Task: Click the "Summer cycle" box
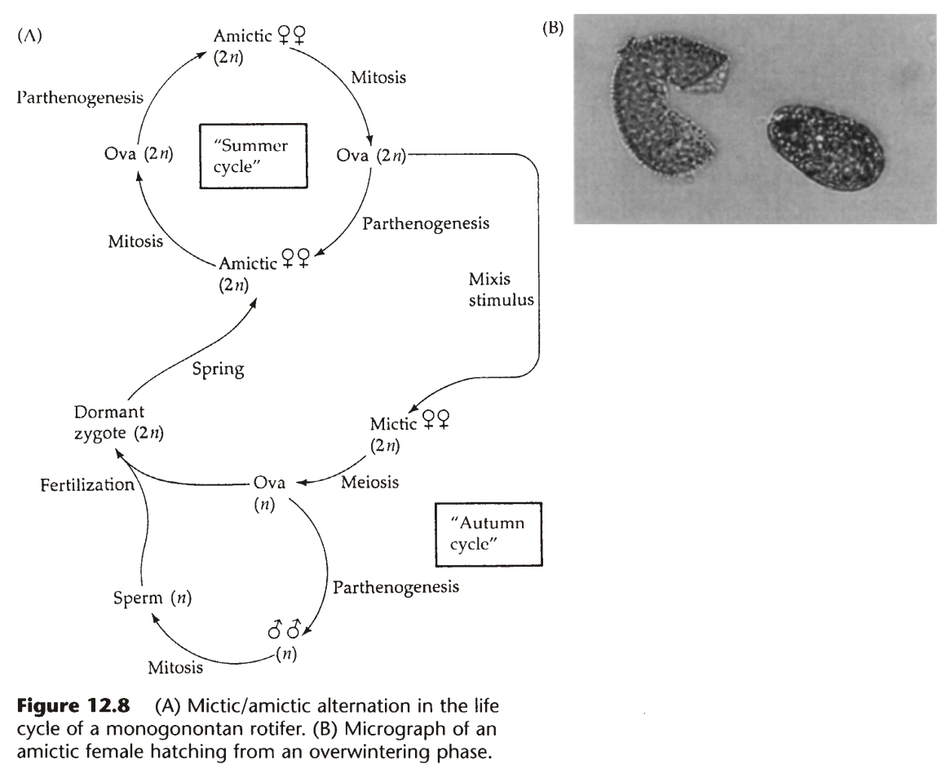pyautogui.click(x=254, y=157)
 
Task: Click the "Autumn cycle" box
pyautogui.click(x=488, y=535)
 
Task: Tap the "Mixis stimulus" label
pyautogui.click(x=502, y=289)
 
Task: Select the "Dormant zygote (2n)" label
pyautogui.click(x=119, y=422)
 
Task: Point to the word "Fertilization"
pyautogui.click(x=87, y=484)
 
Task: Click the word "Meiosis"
pyautogui.click(x=369, y=482)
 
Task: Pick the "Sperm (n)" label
pyautogui.click(x=153, y=598)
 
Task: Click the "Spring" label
pyautogui.click(x=219, y=369)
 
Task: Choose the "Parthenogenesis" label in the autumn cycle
pyautogui.click(x=396, y=587)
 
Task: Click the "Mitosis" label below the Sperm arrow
pyautogui.click(x=175, y=667)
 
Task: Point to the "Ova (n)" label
pyautogui.click(x=268, y=493)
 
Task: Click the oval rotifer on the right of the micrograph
pyautogui.click(x=826, y=147)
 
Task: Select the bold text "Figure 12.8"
pyautogui.click(x=73, y=705)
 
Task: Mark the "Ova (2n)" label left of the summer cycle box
pyautogui.click(x=139, y=154)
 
